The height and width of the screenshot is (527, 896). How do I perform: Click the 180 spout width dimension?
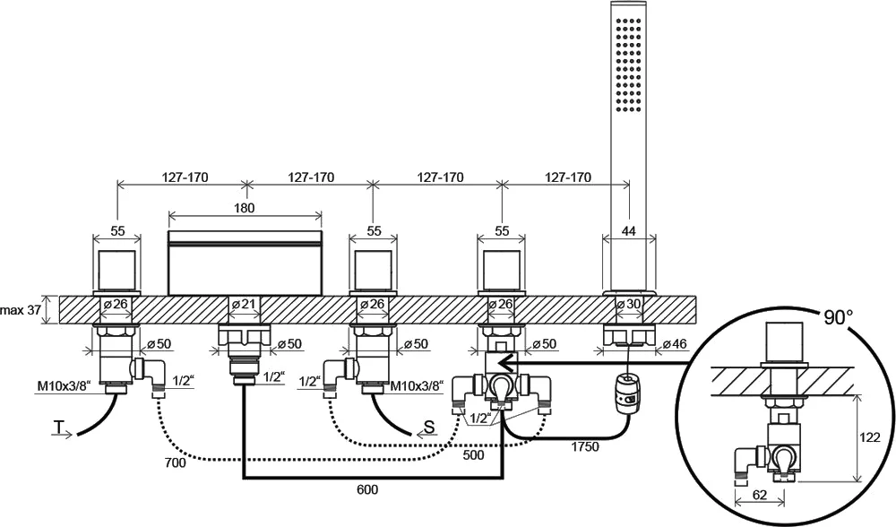pos(245,208)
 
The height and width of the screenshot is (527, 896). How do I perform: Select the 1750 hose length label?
pos(584,445)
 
